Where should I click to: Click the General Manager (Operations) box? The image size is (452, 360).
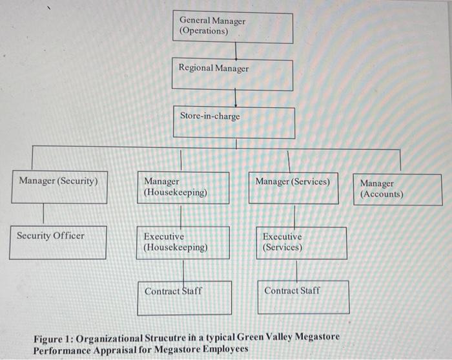tap(232, 26)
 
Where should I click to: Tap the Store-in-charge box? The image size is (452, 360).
tap(234, 122)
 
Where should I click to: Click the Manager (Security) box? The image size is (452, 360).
tap(59, 187)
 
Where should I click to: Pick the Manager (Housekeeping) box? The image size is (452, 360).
tap(183, 187)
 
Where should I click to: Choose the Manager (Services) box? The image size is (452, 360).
tap(293, 187)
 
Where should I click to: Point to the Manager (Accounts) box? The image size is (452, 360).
tap(397, 189)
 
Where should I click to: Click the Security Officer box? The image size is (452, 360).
tap(59, 242)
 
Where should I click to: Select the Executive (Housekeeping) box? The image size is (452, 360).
tap(183, 242)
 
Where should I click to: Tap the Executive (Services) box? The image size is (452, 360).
tap(302, 242)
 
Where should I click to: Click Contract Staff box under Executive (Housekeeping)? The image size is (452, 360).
tap(184, 297)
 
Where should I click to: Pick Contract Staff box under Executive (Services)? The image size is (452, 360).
tap(303, 297)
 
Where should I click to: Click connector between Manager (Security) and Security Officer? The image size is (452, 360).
tap(43, 214)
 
